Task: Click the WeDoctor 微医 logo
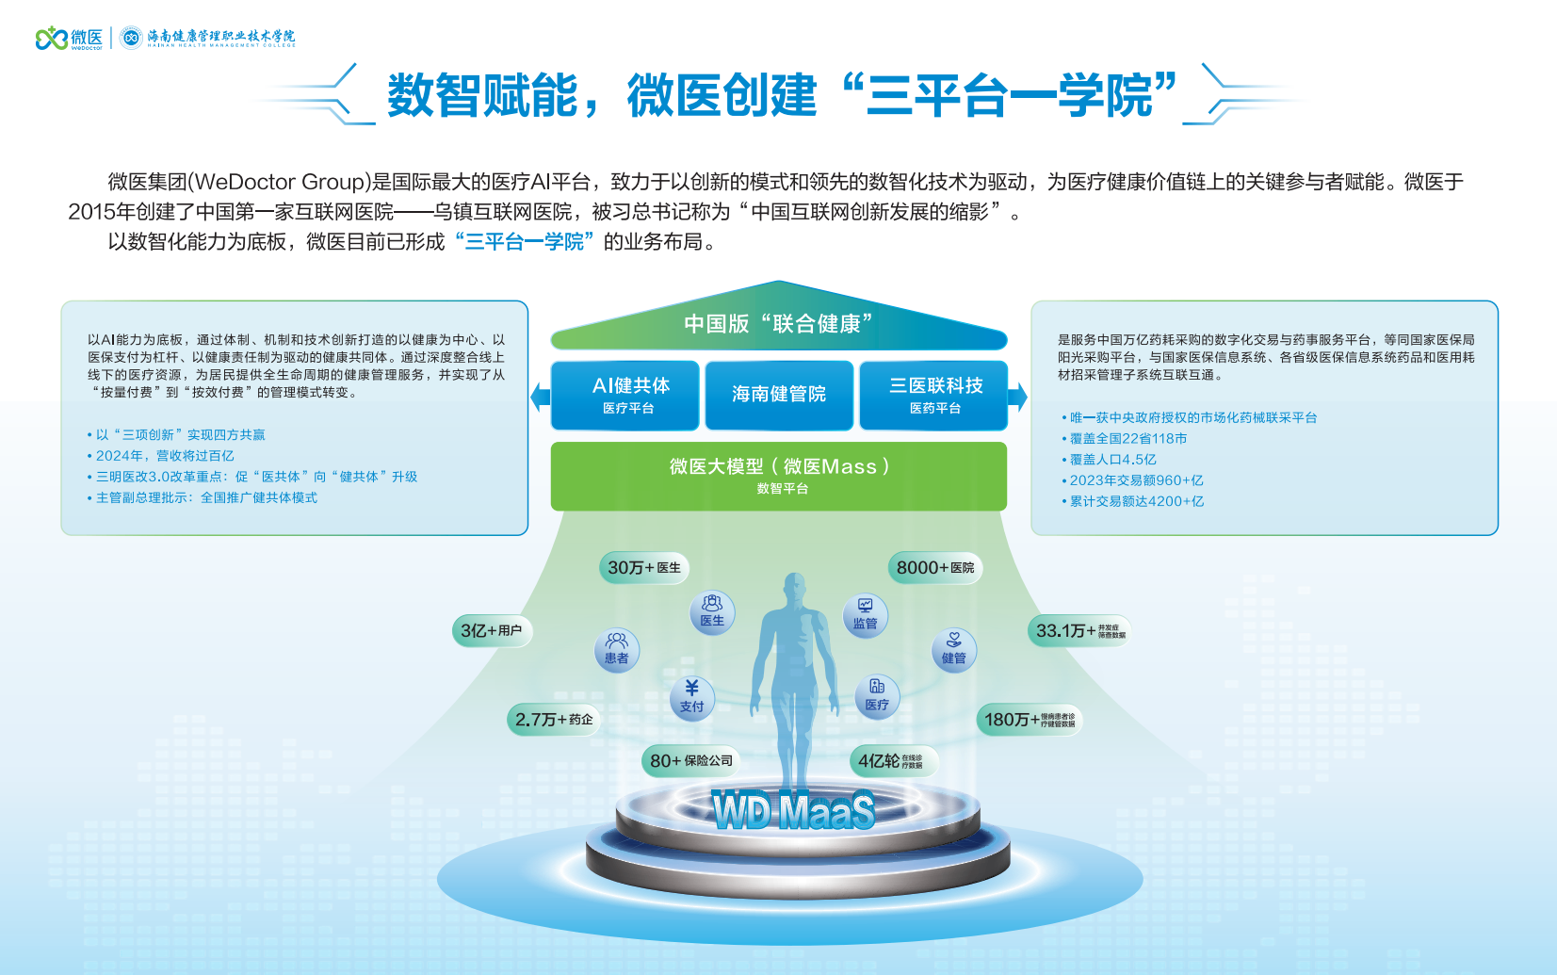69,38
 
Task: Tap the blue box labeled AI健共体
628,395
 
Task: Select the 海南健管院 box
779,395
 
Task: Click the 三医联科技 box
934,395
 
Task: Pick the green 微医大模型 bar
779,475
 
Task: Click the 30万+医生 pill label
644,568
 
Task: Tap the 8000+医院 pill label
935,568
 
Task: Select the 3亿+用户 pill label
492,631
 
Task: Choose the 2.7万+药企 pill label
554,720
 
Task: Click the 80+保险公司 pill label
691,761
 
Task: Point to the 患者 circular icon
617,649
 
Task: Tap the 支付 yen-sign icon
692,697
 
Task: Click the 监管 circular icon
865,615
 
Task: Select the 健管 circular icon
954,649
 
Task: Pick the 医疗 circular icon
877,696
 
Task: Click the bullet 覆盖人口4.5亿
1112,460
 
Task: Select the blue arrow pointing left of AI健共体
540,397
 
